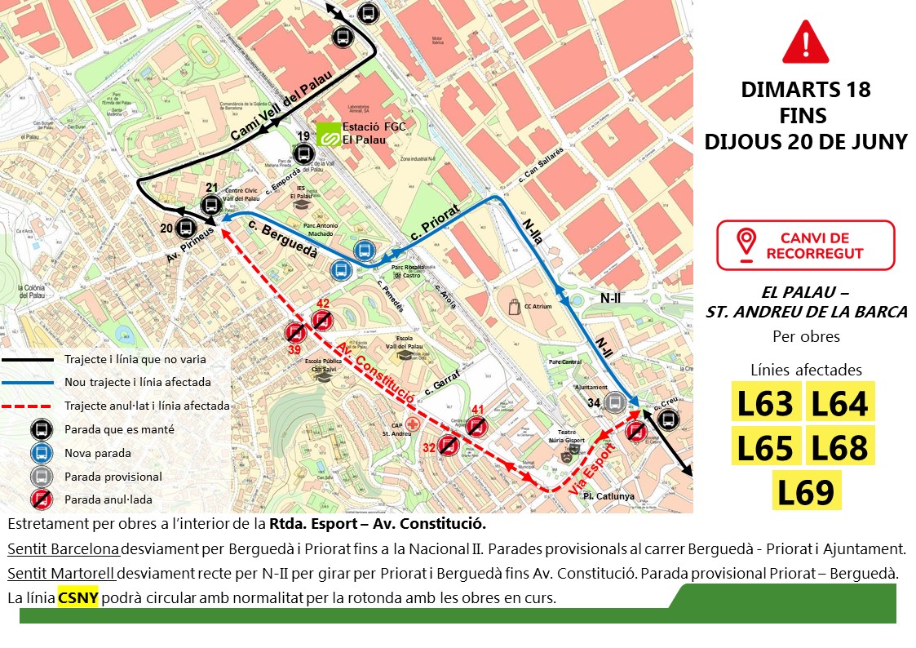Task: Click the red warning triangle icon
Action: [805, 42]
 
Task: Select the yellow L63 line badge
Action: [764, 403]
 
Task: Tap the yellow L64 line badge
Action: [839, 403]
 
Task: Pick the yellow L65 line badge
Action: [764, 448]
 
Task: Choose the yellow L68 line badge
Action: [839, 448]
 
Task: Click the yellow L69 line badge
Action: [805, 492]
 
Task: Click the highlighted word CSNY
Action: [77, 597]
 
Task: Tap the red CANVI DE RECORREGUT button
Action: [805, 245]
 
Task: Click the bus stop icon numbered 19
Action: [304, 153]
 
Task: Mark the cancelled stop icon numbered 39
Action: [294, 332]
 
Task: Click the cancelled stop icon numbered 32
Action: [447, 445]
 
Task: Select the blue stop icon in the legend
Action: [39, 452]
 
